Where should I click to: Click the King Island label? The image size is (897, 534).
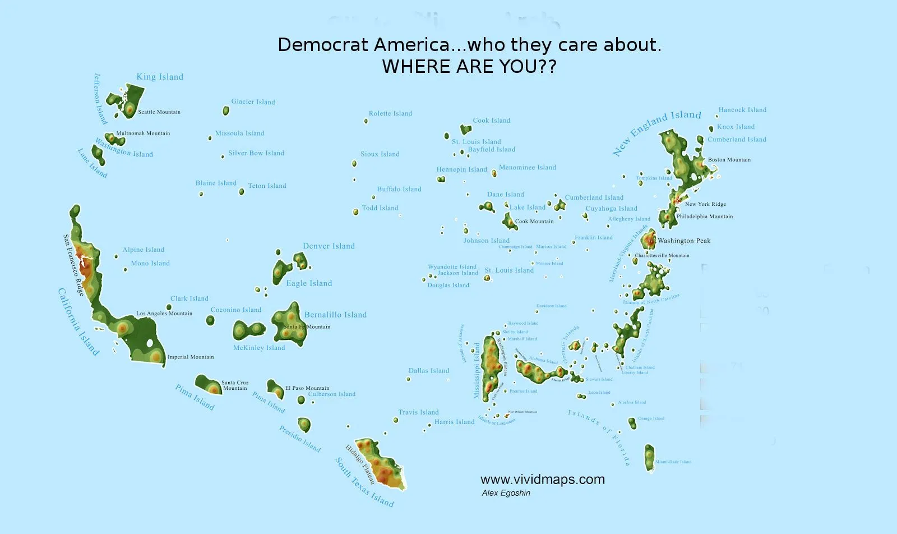click(x=160, y=77)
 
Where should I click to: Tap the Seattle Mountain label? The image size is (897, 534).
click(x=159, y=112)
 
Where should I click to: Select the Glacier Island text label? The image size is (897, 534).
click(x=253, y=102)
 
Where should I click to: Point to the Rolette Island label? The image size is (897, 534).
click(x=390, y=113)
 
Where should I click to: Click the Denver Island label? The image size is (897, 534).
click(x=329, y=246)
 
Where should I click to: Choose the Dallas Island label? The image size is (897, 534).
click(x=428, y=371)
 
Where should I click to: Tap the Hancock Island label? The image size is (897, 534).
click(x=742, y=110)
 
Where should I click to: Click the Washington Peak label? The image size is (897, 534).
click(x=684, y=241)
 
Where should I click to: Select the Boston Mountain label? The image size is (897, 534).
click(x=729, y=160)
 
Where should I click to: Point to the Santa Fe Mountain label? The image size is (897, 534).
click(x=307, y=326)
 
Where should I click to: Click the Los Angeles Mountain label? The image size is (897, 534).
click(x=164, y=314)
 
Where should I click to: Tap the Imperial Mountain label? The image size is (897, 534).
click(x=191, y=357)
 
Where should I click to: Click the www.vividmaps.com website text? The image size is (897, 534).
click(x=542, y=480)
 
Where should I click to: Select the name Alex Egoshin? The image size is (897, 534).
click(x=506, y=493)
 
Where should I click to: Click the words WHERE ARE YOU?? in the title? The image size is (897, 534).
click(x=469, y=67)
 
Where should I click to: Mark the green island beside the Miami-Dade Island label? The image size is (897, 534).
click(x=649, y=458)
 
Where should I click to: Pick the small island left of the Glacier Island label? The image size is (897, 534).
click(x=226, y=111)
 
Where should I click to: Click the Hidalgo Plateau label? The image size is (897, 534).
click(x=359, y=464)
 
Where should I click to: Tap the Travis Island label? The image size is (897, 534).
click(x=418, y=412)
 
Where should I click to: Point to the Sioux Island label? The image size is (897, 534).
click(x=380, y=154)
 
